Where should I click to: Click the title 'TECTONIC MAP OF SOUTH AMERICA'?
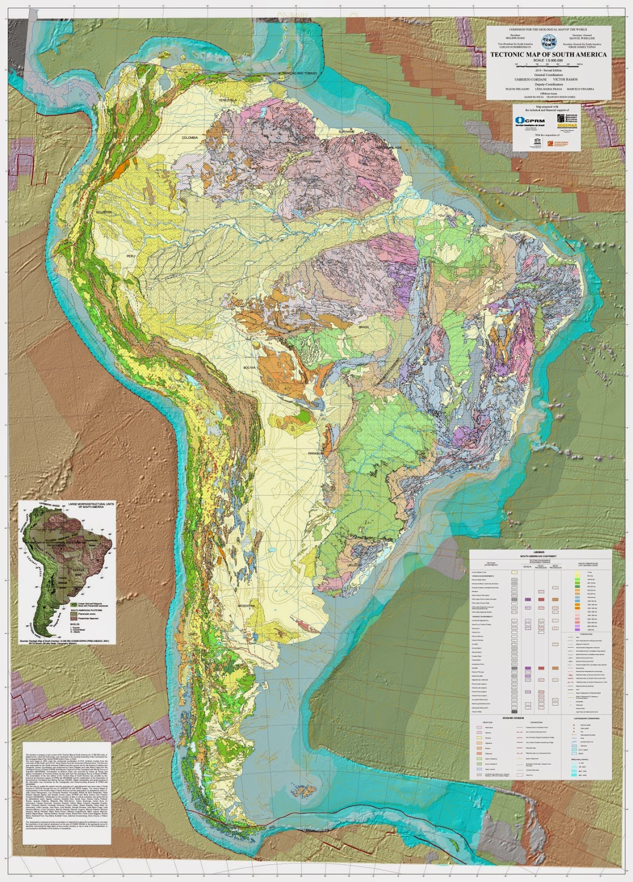coord(548,55)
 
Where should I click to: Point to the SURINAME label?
coord(346,132)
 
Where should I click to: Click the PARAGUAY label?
coord(316,453)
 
